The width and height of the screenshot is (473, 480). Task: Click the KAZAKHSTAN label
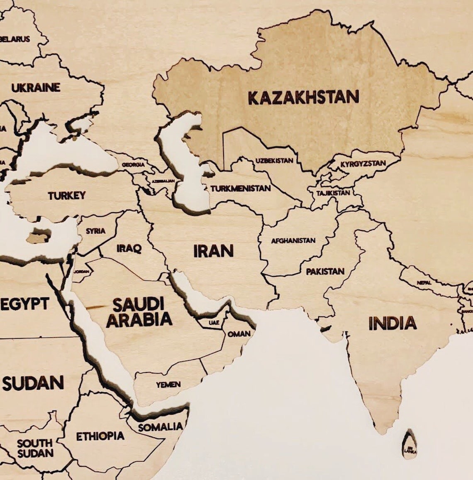[303, 97]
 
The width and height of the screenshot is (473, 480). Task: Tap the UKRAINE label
[36, 88]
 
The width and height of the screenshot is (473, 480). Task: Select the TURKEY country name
[66, 195]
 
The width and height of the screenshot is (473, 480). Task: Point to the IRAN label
[213, 251]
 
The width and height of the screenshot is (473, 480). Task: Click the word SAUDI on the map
[139, 304]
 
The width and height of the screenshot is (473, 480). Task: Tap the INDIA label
[392, 323]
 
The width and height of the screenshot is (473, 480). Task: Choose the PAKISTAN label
[325, 272]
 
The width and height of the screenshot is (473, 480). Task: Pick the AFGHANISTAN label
[293, 240]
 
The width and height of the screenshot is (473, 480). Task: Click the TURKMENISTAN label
[240, 189]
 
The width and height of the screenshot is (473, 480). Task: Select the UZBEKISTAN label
[274, 161]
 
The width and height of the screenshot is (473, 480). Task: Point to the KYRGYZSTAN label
[363, 164]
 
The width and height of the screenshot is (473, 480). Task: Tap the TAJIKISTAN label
[333, 193]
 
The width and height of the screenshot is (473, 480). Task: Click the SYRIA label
[95, 231]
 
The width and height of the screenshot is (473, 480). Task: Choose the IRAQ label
[129, 248]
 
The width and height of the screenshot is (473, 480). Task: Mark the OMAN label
[239, 333]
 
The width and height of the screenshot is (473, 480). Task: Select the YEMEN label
[168, 384]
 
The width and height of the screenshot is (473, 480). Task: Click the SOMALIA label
[160, 427]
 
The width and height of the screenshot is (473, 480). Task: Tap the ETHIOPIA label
[100, 436]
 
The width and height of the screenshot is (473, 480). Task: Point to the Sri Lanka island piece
[410, 445]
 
